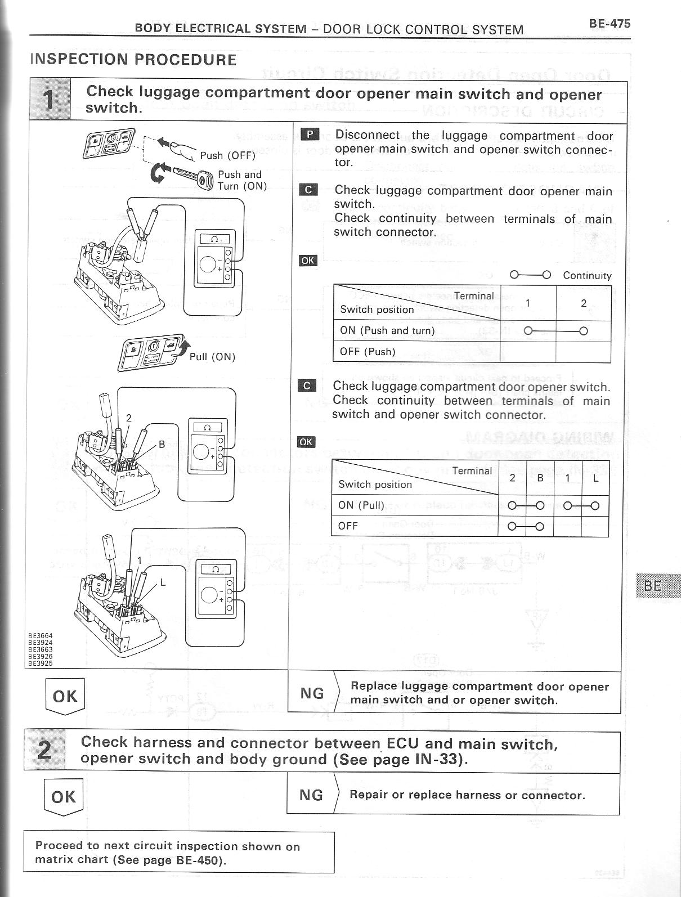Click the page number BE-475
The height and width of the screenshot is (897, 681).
tap(610, 24)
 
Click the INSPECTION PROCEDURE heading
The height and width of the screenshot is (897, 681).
tap(133, 60)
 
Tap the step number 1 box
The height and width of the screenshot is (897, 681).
tap(50, 100)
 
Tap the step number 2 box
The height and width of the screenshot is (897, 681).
tap(44, 751)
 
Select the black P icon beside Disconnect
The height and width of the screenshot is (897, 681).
tap(310, 134)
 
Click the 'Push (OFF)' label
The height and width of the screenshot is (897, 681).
tap(227, 155)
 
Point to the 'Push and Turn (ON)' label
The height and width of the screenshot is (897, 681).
tap(242, 180)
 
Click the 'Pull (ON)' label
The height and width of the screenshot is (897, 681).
tap(212, 357)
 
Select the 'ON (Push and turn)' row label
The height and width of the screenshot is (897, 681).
tap(387, 331)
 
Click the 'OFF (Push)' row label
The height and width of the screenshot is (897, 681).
tap(368, 352)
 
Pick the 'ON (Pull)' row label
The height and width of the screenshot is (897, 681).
tap(361, 505)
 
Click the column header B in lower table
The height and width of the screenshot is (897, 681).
tap(540, 478)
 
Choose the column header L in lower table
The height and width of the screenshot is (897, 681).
tap(595, 478)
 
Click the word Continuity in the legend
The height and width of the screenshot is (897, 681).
tap(587, 276)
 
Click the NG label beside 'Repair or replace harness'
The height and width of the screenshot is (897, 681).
tap(311, 795)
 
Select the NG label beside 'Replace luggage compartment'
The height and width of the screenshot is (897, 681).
tap(312, 693)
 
